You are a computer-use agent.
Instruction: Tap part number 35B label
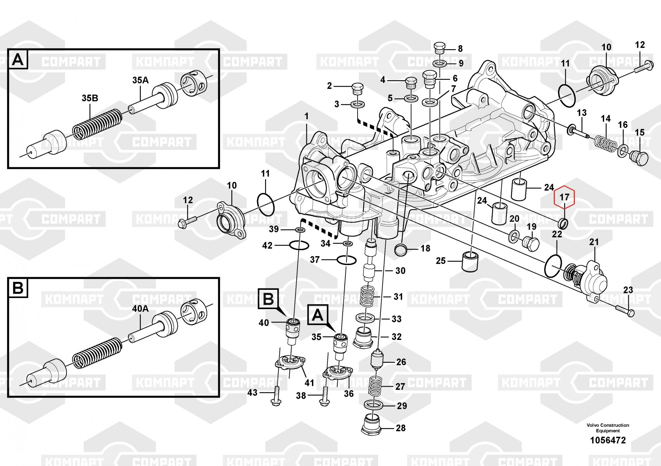coord(90,98)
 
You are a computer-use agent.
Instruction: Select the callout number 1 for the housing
coord(306,116)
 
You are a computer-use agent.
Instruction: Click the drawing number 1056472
coord(608,440)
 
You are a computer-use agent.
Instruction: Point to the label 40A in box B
coord(140,309)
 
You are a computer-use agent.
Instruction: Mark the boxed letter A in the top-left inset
coord(18,60)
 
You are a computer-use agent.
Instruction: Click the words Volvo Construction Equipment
coord(608,428)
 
